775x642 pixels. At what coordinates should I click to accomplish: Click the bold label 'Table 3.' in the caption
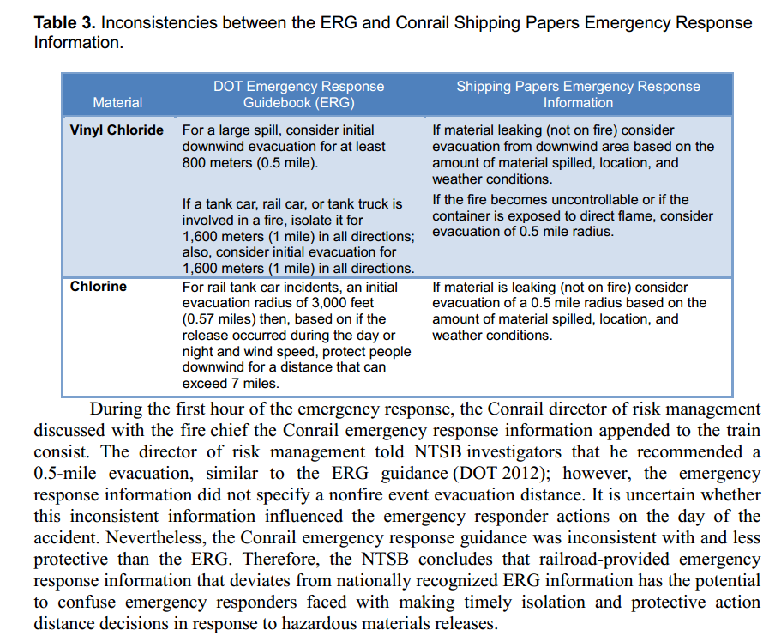click(64, 22)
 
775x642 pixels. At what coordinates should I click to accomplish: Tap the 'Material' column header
click(117, 103)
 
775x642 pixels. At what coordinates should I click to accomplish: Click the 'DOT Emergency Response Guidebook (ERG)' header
click(298, 94)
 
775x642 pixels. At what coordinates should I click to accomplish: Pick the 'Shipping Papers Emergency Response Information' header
click(578, 94)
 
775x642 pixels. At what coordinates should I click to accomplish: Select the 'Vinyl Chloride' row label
click(117, 130)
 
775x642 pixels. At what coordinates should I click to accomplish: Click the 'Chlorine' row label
click(99, 287)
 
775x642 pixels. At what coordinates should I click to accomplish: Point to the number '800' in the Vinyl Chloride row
click(195, 163)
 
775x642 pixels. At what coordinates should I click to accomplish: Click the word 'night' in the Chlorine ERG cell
click(199, 351)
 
